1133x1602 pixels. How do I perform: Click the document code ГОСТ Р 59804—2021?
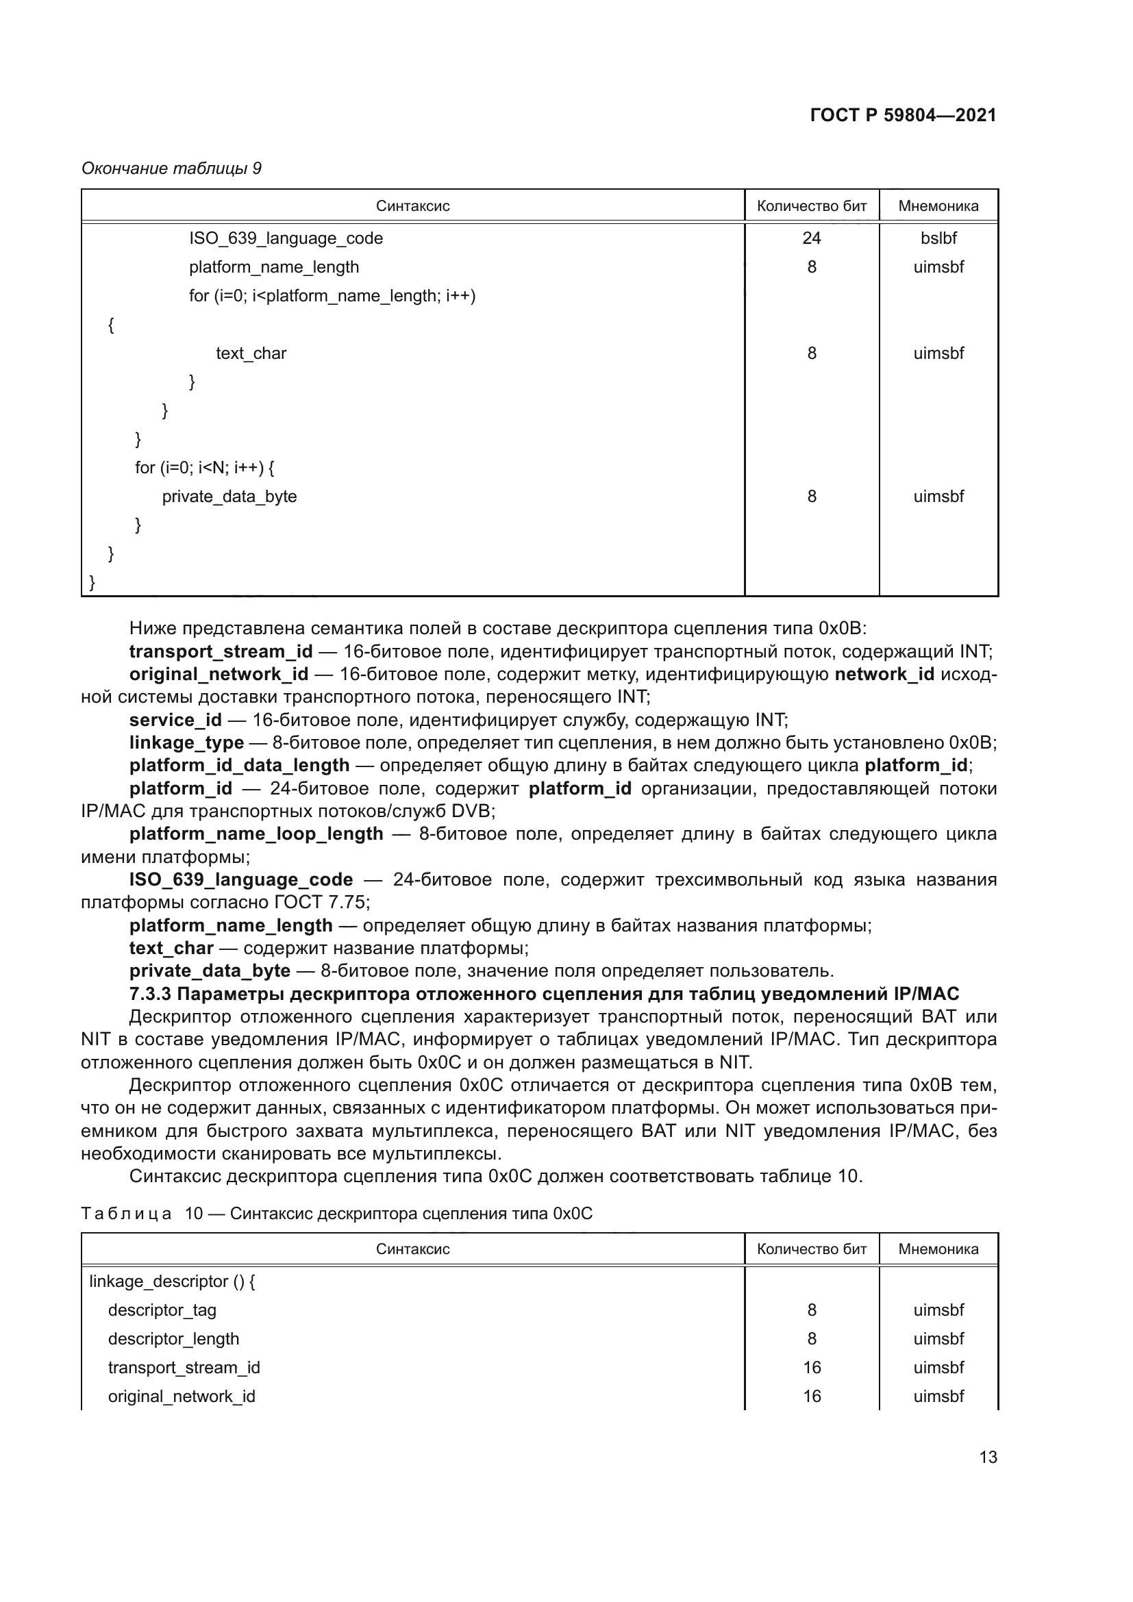click(x=903, y=115)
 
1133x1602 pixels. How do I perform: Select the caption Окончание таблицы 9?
click(x=172, y=168)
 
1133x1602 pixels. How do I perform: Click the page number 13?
click(x=988, y=1457)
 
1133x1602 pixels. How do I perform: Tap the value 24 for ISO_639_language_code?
click(x=811, y=238)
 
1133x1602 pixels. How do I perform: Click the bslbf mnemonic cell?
click(x=938, y=238)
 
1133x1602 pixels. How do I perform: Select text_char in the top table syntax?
click(x=251, y=353)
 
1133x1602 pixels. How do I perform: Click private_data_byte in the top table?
click(x=229, y=496)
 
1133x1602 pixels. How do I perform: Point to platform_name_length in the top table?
click(x=274, y=267)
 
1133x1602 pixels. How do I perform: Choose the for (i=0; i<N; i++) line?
click(x=204, y=468)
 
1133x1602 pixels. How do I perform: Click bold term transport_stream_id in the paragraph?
click(x=221, y=651)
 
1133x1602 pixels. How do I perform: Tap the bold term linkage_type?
click(x=187, y=742)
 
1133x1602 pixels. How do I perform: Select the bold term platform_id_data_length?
click(x=239, y=766)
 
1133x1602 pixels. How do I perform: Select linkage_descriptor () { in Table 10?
click(x=173, y=1281)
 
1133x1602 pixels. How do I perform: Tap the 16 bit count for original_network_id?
click(x=811, y=1396)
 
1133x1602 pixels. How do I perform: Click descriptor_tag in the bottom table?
click(x=162, y=1310)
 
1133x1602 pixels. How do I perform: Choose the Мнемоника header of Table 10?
click(x=938, y=1249)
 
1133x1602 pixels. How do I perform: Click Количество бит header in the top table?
click(x=811, y=206)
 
